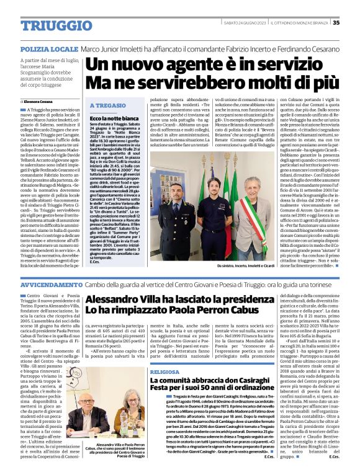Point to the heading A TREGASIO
pyautogui.click(x=108, y=105)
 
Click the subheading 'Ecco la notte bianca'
pyautogui.click(x=113, y=118)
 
